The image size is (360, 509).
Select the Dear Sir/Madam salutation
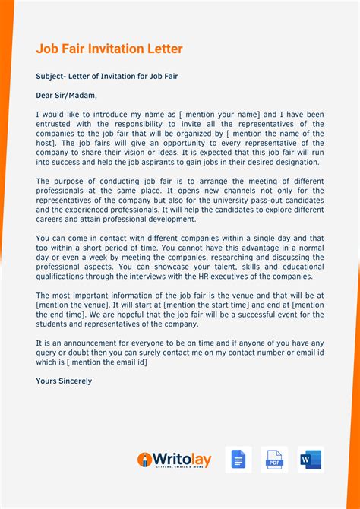tap(67, 96)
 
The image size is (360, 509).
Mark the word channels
tap(202, 191)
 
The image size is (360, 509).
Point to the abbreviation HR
tap(223, 276)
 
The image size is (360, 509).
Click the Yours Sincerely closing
tap(64, 381)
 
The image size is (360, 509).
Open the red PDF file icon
tap(274, 460)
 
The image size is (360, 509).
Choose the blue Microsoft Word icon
tap(311, 460)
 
